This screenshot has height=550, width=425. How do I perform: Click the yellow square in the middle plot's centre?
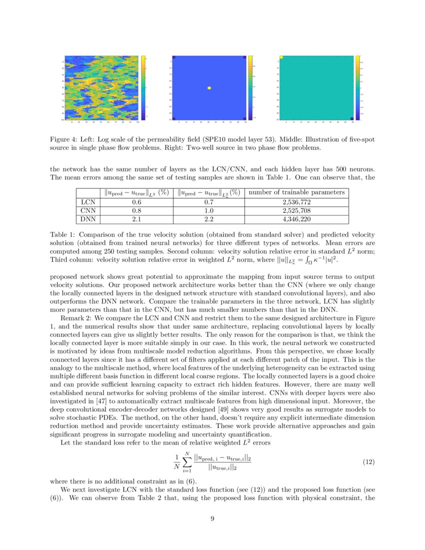209,88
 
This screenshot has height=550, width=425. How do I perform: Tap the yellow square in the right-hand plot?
281,57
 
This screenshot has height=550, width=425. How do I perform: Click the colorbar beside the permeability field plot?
143,88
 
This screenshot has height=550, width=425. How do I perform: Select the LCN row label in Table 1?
88,201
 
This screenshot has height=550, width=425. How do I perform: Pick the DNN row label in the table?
88,219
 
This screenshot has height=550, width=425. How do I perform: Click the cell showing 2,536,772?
296,201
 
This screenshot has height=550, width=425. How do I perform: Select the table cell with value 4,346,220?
296,219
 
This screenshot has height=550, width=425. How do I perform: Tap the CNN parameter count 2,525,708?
296,210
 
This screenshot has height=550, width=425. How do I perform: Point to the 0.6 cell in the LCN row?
135,201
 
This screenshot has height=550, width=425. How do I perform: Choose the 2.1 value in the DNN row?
135,219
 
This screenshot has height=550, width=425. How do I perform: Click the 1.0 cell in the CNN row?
208,210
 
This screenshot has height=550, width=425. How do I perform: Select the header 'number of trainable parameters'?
296,192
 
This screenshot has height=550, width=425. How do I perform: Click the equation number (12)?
368,462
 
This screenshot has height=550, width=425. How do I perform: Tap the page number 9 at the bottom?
212,518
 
